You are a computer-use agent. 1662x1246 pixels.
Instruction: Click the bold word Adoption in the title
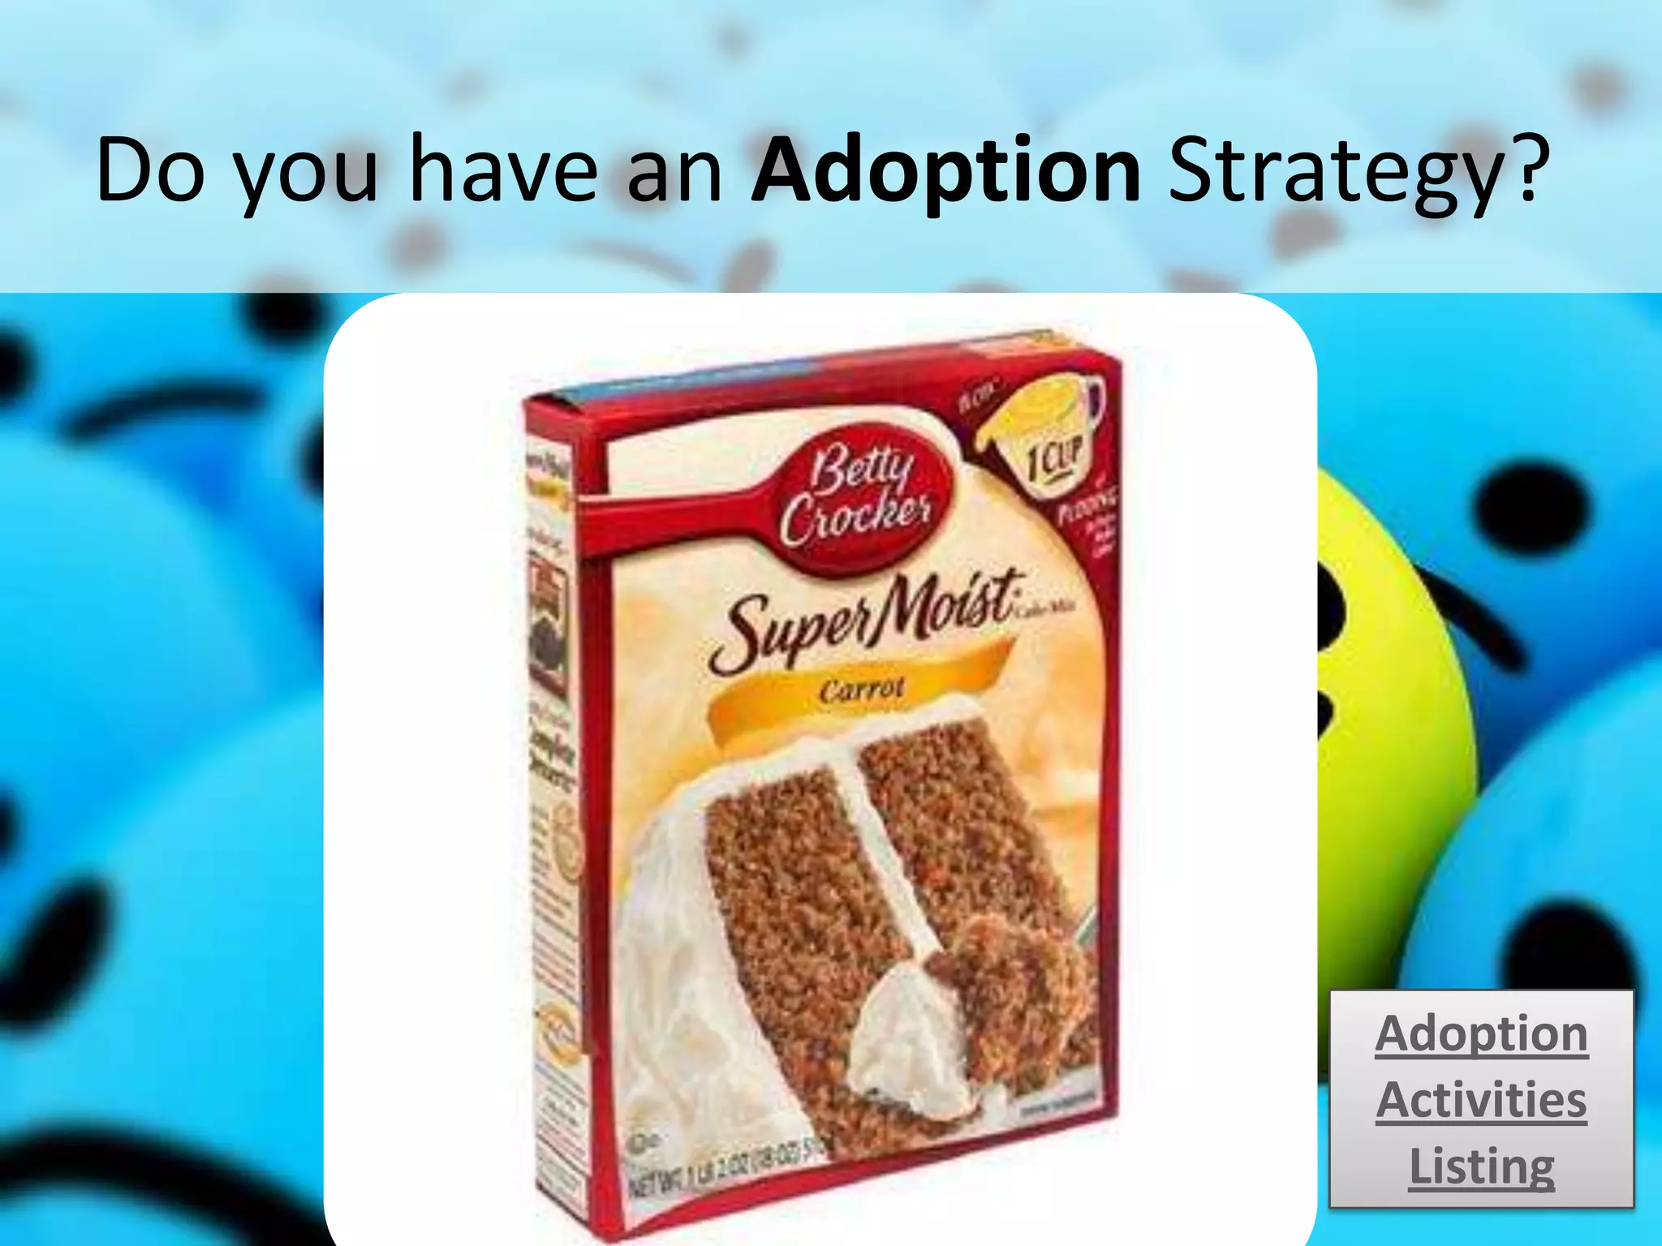click(x=945, y=172)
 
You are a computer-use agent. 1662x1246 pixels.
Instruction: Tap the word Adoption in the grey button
click(x=1481, y=1035)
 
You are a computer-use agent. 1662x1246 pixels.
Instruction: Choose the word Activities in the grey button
click(x=1481, y=1101)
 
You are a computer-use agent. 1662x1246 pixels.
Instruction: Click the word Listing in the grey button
click(x=1481, y=1167)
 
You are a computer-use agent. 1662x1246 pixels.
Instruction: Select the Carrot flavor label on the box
click(x=860, y=690)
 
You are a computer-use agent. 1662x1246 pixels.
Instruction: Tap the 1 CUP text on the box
click(x=1053, y=462)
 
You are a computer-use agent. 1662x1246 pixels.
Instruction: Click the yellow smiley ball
click(x=1396, y=649)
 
